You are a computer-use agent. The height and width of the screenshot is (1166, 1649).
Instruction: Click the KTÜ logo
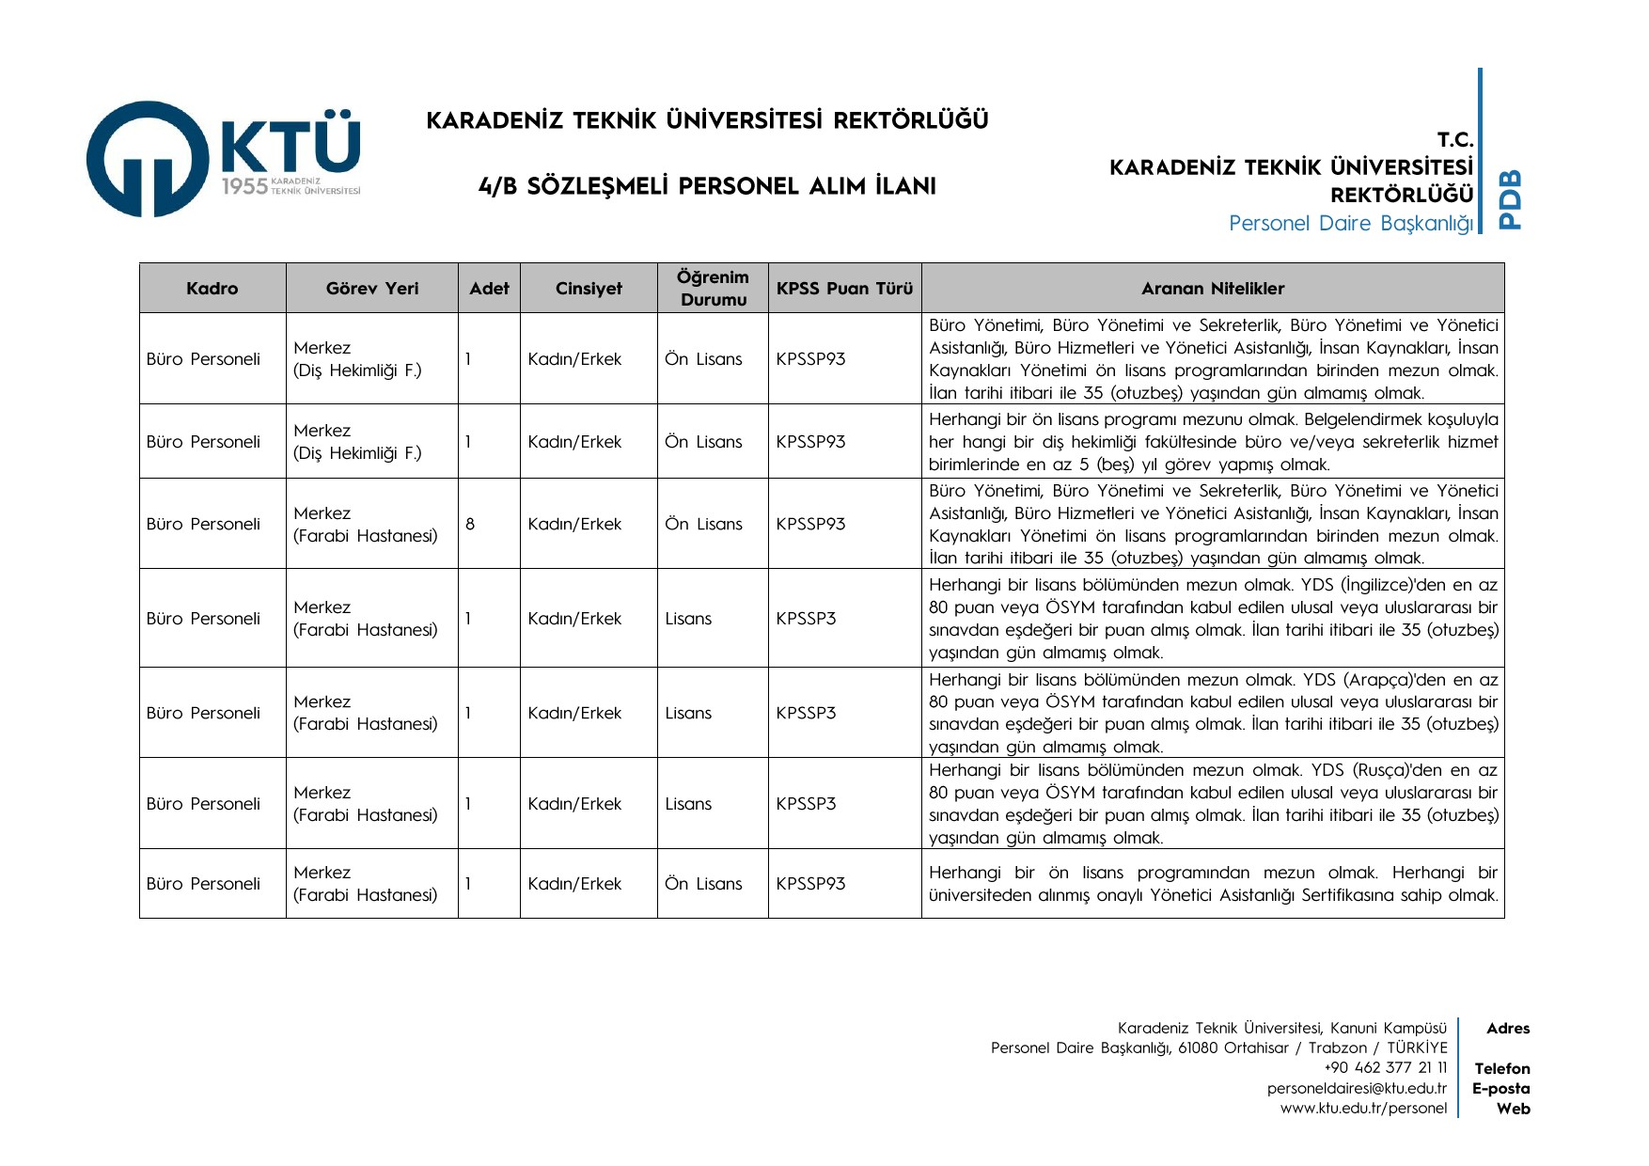pyautogui.click(x=224, y=159)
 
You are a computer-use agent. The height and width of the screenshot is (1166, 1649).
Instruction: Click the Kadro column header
pyautogui.click(x=212, y=289)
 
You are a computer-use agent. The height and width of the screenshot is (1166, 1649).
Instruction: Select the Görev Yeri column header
pyautogui.click(x=372, y=289)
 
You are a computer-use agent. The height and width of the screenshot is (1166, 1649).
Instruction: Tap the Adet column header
pyautogui.click(x=489, y=289)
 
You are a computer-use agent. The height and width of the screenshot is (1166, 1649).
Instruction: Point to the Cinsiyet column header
pyautogui.click(x=589, y=289)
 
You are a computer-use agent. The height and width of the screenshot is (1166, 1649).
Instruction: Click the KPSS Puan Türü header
pyautogui.click(x=844, y=289)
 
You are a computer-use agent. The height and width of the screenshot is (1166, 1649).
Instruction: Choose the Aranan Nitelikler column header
pyautogui.click(x=1213, y=289)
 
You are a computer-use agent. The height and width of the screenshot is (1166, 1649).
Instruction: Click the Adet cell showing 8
pyautogui.click(x=470, y=524)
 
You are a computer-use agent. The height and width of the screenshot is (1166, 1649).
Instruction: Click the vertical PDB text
pyautogui.click(x=1509, y=199)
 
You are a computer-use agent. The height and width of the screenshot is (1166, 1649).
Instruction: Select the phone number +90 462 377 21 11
pyautogui.click(x=1385, y=1067)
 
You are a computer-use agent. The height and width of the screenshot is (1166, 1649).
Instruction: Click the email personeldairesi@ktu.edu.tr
pyautogui.click(x=1357, y=1088)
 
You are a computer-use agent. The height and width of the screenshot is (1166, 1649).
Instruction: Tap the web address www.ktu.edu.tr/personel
pyautogui.click(x=1363, y=1108)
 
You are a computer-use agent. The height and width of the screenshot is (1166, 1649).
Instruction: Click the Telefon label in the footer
pyautogui.click(x=1501, y=1068)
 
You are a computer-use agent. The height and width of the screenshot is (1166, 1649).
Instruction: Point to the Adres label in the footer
pyautogui.click(x=1507, y=1029)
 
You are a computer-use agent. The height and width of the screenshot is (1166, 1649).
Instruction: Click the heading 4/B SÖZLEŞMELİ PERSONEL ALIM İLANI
pyautogui.click(x=707, y=186)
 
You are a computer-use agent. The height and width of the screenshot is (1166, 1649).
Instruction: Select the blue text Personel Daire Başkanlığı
pyautogui.click(x=1350, y=224)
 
